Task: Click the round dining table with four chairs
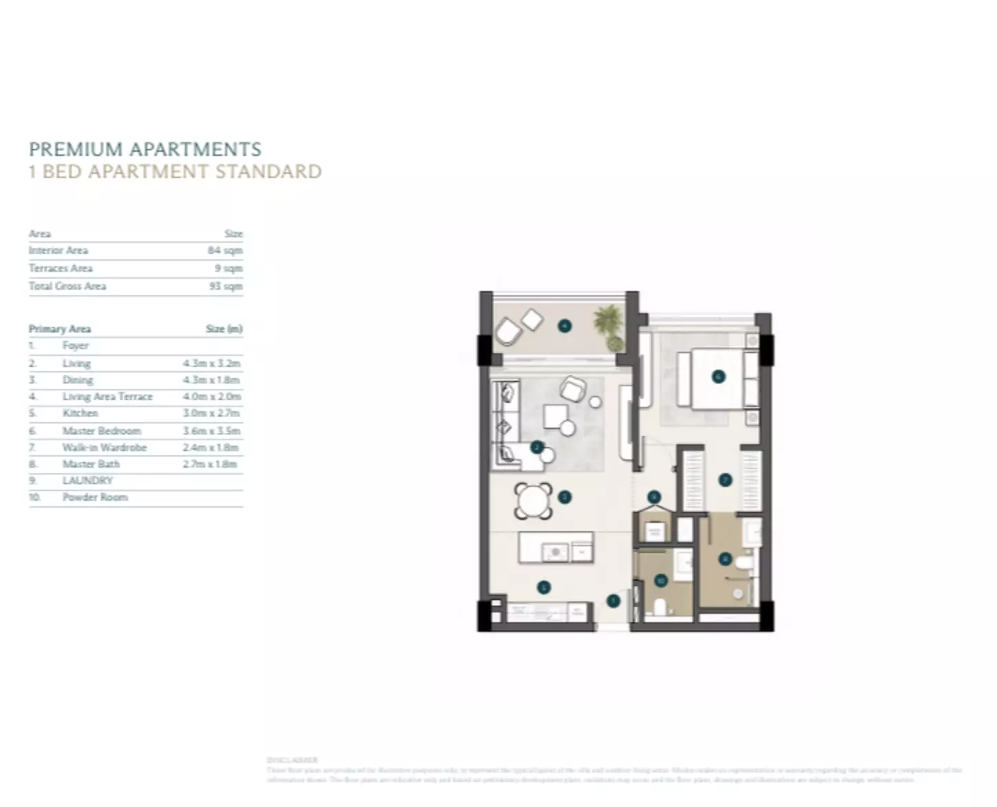pos(533,501)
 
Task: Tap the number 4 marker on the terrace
pos(565,326)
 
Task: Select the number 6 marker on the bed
pos(718,377)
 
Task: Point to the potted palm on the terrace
pos(609,326)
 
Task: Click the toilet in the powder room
pos(659,606)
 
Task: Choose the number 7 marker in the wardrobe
pos(725,480)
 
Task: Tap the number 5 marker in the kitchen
pos(543,587)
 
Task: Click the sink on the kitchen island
pos(554,551)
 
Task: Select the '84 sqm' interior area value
pos(225,250)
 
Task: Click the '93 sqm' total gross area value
pos(225,286)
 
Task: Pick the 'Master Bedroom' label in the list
pos(101,430)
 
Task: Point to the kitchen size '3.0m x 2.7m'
pos(211,413)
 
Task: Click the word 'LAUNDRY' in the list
pos(87,481)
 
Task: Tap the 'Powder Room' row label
pos(95,497)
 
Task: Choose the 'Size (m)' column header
pos(224,329)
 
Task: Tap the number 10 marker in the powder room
pos(661,581)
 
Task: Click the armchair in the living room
pos(572,390)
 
